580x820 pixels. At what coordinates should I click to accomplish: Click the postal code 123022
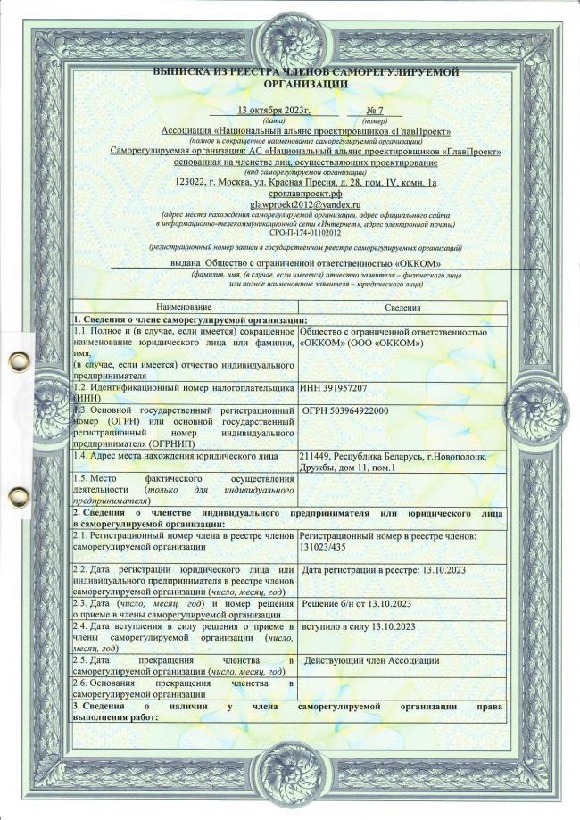192,183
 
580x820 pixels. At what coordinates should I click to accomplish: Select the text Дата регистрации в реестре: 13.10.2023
384,570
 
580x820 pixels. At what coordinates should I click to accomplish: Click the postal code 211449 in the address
317,457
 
